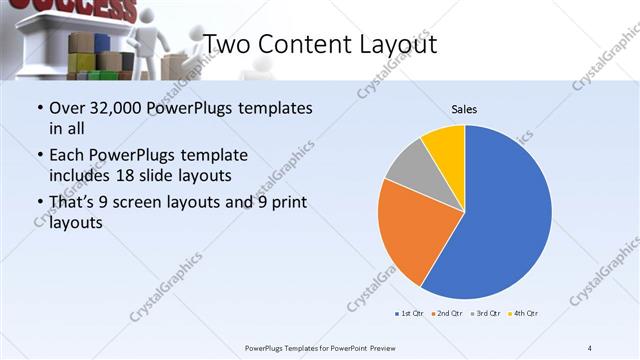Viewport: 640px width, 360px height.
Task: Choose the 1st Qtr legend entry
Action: [x=409, y=314]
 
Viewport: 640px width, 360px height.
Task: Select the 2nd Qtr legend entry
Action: [x=446, y=314]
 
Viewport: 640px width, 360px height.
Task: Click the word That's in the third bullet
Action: [x=73, y=203]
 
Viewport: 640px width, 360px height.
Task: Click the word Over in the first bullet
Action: [x=67, y=108]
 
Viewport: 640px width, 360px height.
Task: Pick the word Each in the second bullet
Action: [x=67, y=156]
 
